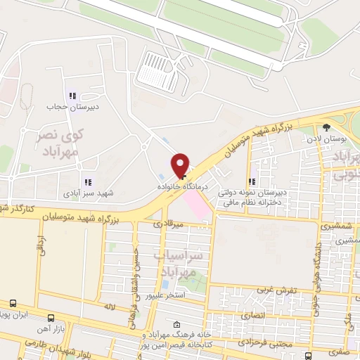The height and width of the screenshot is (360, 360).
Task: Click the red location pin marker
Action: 181,166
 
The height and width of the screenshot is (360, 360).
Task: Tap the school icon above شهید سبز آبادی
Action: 87,182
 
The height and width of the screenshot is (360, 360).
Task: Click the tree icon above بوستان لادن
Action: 326,127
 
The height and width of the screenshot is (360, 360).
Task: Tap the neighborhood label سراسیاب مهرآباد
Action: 181,263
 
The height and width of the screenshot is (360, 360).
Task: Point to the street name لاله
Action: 108,308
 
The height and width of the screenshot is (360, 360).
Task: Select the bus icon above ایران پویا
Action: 13,303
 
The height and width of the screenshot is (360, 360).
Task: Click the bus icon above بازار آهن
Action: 51,318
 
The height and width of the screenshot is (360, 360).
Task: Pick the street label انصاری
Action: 252,316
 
